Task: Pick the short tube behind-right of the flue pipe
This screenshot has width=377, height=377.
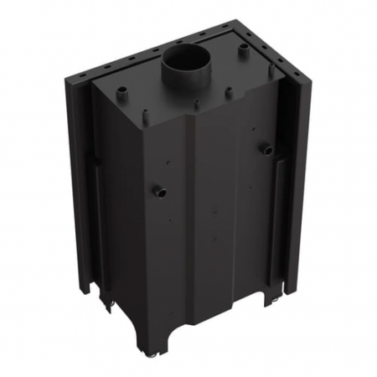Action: (243, 49)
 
